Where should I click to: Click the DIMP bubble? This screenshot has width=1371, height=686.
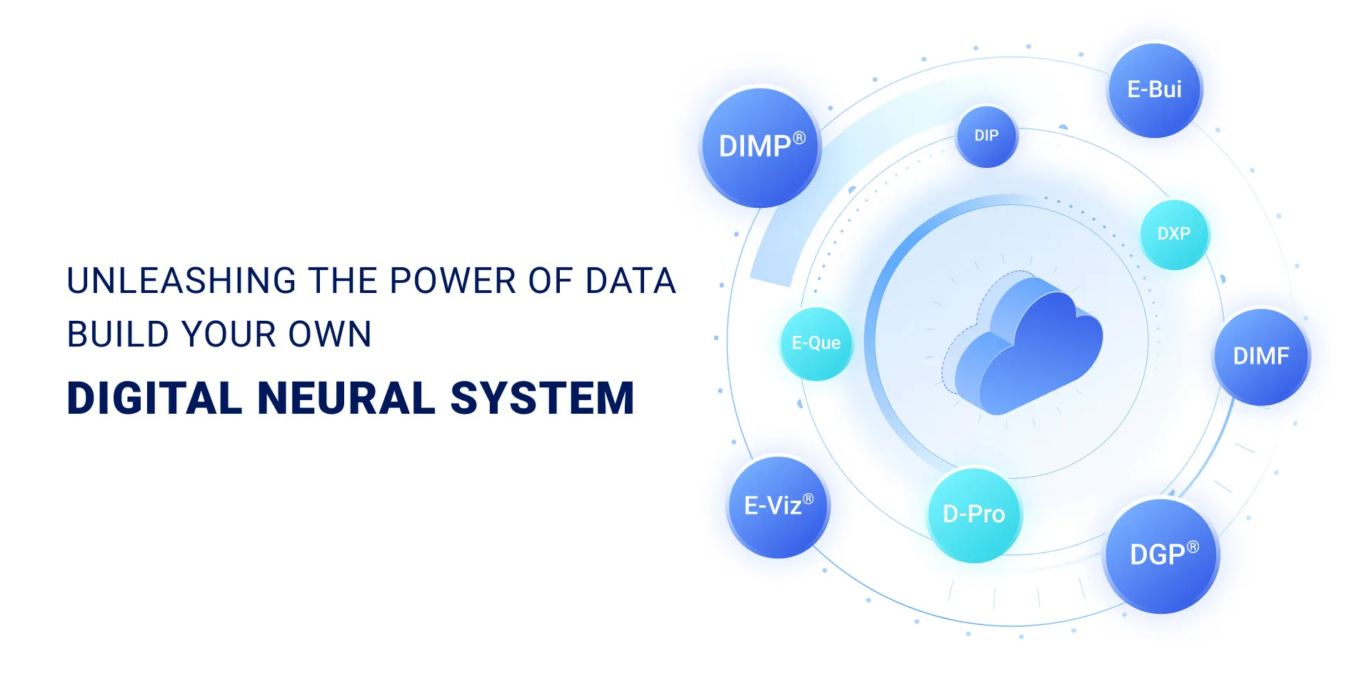tap(760, 147)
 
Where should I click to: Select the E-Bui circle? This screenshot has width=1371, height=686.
tap(1155, 90)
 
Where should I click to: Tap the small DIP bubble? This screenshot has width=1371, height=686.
tap(987, 136)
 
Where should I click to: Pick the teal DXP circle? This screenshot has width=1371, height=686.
tap(1174, 234)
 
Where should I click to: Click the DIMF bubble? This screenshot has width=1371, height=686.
tap(1261, 356)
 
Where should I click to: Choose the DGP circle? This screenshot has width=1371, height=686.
tap(1162, 555)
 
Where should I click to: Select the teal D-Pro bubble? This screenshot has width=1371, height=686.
tap(974, 514)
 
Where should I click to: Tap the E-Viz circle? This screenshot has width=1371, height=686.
tap(778, 506)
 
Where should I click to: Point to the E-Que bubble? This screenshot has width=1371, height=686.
tap(816, 343)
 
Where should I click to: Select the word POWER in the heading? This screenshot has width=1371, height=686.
tap(453, 281)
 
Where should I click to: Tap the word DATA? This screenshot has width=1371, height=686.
tap(631, 281)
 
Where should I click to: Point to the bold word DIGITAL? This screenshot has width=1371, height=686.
tap(154, 398)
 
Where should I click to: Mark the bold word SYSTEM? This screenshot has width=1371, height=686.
tap(543, 398)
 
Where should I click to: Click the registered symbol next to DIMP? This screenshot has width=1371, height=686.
tap(800, 137)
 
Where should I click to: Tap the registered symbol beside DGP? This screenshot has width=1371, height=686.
tap(1192, 547)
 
